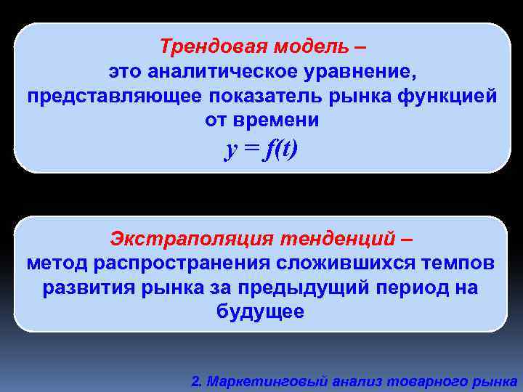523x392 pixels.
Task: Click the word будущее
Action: point(261,311)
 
